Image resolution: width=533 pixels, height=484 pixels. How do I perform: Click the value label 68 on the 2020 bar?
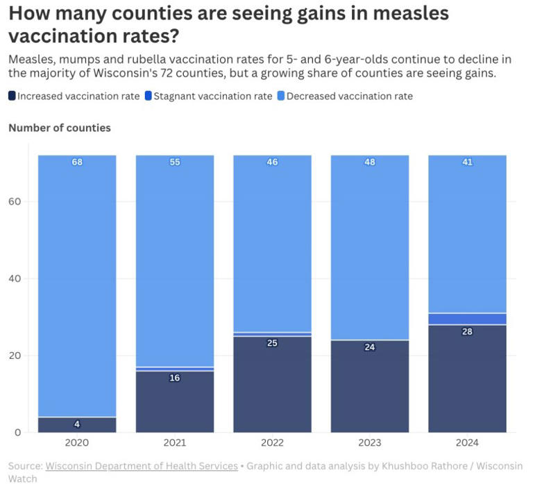pos(77,162)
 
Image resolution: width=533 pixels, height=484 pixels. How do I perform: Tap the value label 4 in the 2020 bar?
pos(77,424)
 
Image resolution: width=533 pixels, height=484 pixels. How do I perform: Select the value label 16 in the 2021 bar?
pos(175,378)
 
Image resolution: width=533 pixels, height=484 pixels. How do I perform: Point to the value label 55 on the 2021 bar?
pos(175,162)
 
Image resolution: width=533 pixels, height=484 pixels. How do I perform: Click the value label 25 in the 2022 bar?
pos(272,343)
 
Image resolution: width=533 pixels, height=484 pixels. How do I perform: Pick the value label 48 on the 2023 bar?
pos(369,162)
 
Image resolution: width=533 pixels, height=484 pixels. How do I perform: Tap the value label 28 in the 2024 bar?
pos(467,332)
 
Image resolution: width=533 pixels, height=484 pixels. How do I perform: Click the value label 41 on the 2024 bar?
pos(467,162)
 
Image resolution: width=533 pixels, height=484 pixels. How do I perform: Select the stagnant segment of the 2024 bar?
pos(467,319)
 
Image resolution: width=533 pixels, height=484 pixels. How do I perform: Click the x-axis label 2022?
pos(272,442)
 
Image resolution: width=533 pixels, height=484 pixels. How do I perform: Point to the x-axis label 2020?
pos(77,442)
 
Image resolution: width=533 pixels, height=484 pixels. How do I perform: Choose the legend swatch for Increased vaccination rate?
pos(12,97)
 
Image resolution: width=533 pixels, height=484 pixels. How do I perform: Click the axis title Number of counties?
pos(60,128)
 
